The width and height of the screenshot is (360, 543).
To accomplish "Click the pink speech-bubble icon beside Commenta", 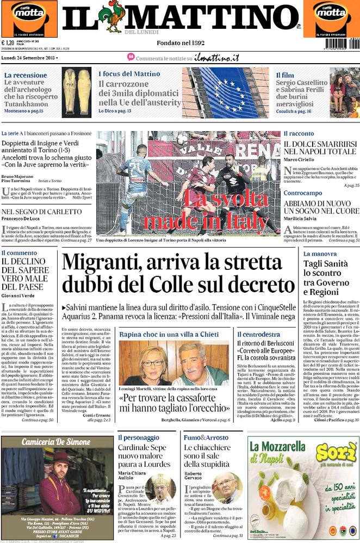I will point(131,57).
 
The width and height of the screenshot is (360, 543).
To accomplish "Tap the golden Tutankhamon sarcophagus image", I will point(76,85).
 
